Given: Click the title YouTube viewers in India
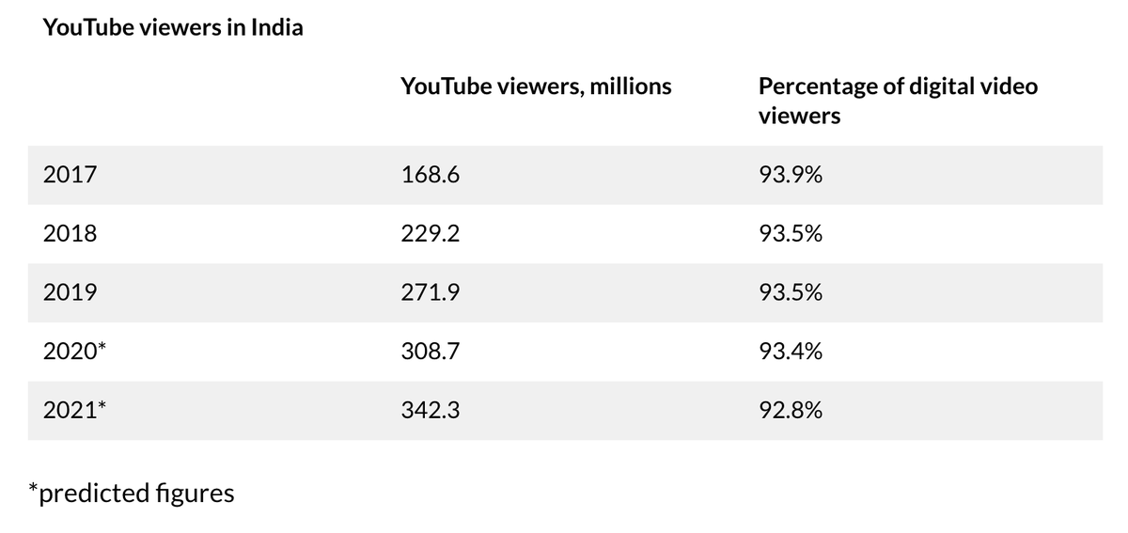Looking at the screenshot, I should (173, 27).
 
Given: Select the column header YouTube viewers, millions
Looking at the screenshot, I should (536, 86).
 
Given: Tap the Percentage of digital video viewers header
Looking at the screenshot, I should (898, 101).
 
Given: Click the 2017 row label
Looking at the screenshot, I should (70, 175).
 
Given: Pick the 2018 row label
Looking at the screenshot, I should (70, 234).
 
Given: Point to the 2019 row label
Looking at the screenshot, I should (70, 293).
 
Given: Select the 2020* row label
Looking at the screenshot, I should (75, 352).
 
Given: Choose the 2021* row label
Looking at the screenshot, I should (75, 411).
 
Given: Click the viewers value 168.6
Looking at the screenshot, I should (430, 175).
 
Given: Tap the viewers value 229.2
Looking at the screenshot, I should (430, 234).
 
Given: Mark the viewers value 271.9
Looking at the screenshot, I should (430, 293).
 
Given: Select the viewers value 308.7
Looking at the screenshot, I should (430, 352).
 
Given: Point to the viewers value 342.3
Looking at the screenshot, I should (430, 411).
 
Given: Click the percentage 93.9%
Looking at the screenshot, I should (791, 175).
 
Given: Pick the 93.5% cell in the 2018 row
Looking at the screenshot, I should (791, 234).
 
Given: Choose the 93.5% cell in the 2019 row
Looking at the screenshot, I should (791, 293).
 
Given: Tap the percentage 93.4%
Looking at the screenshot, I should (791, 352).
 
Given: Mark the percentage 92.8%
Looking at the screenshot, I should (791, 411).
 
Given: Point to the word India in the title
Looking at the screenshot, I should (277, 27).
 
